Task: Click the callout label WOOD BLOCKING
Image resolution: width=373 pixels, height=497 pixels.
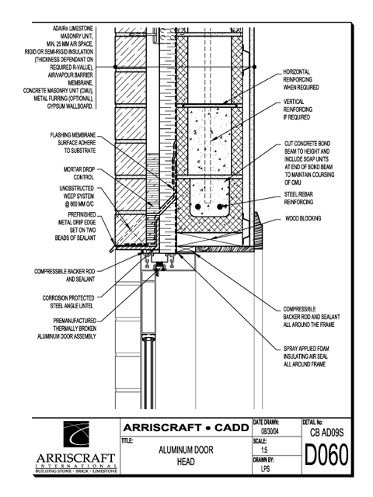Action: click(x=303, y=218)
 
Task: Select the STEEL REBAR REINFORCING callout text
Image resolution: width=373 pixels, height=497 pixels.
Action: click(x=298, y=198)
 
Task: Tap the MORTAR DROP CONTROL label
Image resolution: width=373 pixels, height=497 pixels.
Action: click(x=79, y=173)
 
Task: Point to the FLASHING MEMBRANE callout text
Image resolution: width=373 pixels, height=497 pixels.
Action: click(x=72, y=143)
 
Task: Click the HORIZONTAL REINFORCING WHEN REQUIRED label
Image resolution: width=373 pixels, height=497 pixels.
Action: click(x=301, y=79)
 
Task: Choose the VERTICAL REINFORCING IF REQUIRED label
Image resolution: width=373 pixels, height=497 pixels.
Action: click(x=298, y=109)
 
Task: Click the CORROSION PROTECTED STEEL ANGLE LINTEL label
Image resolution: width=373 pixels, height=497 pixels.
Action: click(x=68, y=302)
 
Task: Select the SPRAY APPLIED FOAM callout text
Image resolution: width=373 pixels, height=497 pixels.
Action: click(x=305, y=356)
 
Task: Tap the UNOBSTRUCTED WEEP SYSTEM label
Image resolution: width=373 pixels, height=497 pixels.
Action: click(x=77, y=196)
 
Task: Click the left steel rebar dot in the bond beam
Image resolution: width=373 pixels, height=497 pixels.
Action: click(x=198, y=207)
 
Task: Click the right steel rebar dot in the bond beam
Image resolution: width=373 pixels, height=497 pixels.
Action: click(x=220, y=207)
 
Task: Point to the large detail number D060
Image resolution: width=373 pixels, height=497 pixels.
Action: click(x=326, y=455)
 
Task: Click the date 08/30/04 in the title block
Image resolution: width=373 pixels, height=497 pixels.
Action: click(x=270, y=432)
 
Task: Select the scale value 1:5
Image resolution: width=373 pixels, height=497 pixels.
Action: click(x=264, y=450)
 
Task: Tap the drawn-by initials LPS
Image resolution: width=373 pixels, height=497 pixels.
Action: click(x=266, y=468)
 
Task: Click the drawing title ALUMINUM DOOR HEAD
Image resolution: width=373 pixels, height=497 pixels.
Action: click(x=186, y=456)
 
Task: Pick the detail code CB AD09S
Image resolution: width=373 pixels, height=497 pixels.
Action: click(x=326, y=433)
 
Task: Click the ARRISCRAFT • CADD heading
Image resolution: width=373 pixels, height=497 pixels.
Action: click(x=186, y=428)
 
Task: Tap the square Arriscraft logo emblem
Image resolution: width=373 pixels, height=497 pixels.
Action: click(x=76, y=434)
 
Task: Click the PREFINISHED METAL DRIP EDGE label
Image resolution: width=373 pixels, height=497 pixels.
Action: click(x=75, y=226)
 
